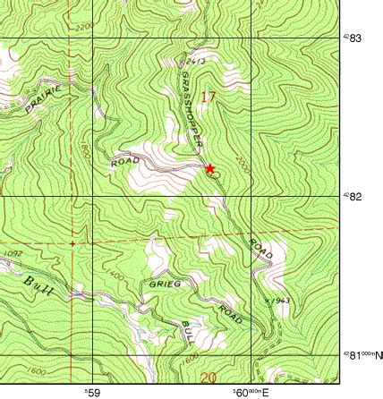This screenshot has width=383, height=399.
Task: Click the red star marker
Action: click(x=210, y=168)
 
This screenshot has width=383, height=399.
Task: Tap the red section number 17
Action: click(x=209, y=97)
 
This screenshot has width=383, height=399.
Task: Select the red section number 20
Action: click(x=209, y=378)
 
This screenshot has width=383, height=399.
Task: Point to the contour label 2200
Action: click(x=84, y=28)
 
